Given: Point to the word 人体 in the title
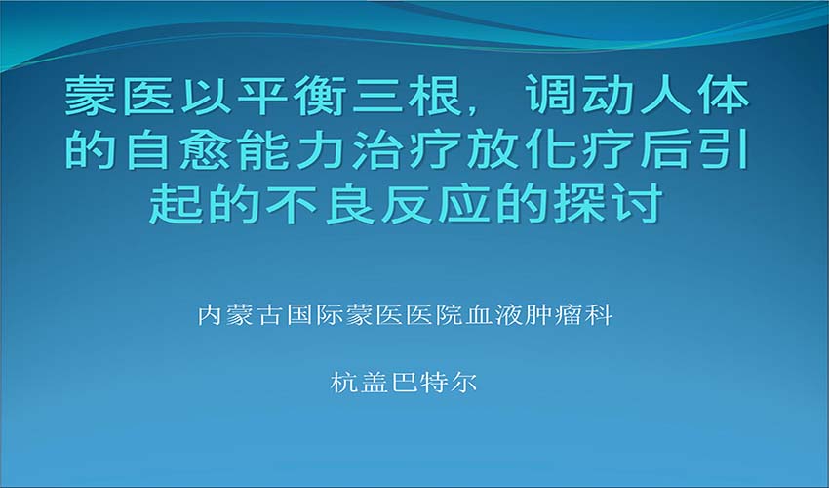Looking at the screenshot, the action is [694, 97].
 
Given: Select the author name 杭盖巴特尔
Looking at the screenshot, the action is [404, 383].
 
